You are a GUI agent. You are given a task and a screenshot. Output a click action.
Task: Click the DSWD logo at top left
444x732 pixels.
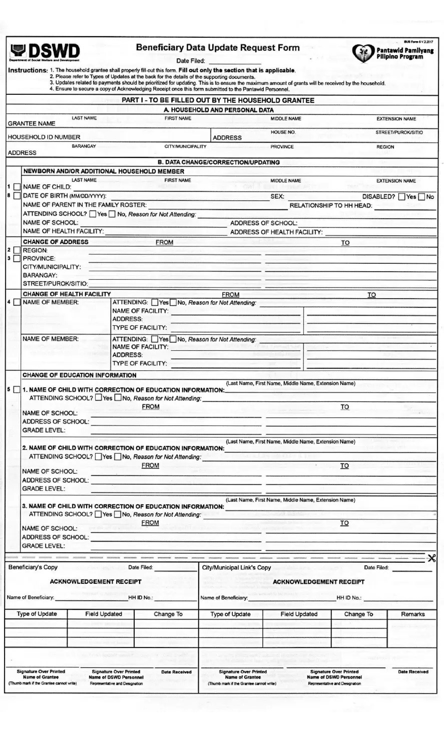(x=44, y=51)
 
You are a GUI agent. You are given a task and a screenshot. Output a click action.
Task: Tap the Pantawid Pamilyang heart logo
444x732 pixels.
(x=363, y=53)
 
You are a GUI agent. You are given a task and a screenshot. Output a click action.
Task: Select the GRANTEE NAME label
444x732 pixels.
(x=31, y=123)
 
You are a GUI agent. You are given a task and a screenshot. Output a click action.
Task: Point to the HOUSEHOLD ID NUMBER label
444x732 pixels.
(x=44, y=137)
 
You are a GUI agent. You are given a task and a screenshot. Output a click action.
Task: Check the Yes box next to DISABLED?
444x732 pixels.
(x=401, y=197)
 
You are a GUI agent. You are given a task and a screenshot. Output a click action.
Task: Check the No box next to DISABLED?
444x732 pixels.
(x=421, y=197)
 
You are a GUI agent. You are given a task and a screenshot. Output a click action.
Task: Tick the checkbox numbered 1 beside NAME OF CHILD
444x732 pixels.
(x=17, y=187)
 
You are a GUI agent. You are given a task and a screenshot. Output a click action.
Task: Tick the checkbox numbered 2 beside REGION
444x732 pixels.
(x=17, y=250)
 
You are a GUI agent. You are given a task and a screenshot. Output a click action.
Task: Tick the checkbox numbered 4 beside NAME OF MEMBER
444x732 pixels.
(x=17, y=302)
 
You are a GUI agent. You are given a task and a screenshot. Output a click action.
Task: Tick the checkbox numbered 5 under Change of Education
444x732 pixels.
(x=17, y=390)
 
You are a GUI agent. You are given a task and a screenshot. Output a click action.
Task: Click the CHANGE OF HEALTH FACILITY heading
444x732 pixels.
(x=67, y=294)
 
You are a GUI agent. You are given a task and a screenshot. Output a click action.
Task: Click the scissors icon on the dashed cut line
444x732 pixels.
(x=431, y=558)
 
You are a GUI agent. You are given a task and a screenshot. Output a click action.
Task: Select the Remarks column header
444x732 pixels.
(x=413, y=614)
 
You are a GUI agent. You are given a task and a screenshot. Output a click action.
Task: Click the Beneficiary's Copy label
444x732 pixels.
(x=33, y=567)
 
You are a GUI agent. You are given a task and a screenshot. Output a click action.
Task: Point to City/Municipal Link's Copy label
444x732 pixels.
(x=236, y=568)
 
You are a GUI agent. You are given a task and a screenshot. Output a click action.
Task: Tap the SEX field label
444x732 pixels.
(x=277, y=196)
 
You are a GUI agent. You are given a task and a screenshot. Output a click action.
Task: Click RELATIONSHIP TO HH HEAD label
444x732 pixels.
(x=330, y=206)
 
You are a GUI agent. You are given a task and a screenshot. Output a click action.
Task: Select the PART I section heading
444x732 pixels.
(x=218, y=100)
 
